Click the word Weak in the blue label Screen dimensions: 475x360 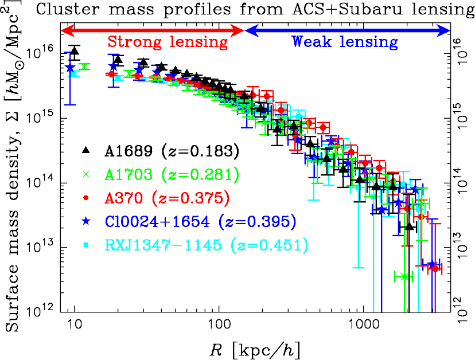tap(312, 41)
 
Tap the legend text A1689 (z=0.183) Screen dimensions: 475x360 tap(172, 151)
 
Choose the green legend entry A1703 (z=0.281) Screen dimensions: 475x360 tap(172, 174)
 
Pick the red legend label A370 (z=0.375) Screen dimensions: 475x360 tap(167, 198)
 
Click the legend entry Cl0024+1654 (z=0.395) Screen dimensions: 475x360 tap(200, 221)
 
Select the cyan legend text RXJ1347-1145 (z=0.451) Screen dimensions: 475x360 tap(207, 245)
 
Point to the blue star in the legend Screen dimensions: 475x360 tap(86, 221)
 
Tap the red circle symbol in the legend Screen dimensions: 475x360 tap(86, 198)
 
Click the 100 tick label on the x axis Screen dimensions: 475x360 tap(219, 325)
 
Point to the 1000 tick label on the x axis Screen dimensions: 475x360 tap(363, 325)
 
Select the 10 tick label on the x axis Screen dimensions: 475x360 tap(74, 325)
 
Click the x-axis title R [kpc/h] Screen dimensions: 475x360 tap(255, 350)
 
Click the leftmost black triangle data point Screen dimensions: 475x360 tap(75, 50)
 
